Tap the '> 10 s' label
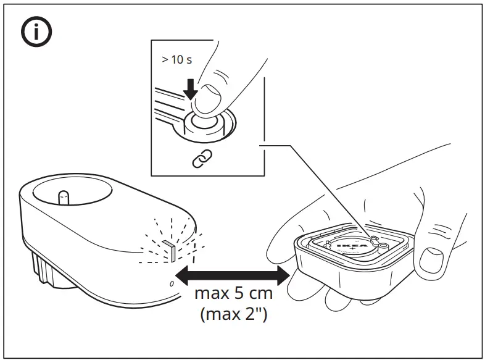pyautogui.click(x=177, y=61)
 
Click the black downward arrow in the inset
pyautogui.click(x=191, y=88)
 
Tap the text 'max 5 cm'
pyautogui.click(x=233, y=293)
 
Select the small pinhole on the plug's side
pyautogui.click(x=172, y=283)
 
